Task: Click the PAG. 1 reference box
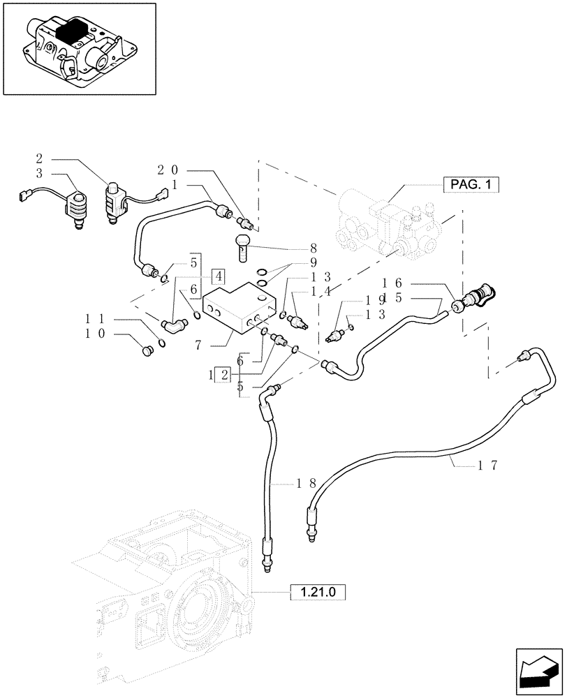pos(472,185)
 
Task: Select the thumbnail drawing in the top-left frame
pos(79,48)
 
